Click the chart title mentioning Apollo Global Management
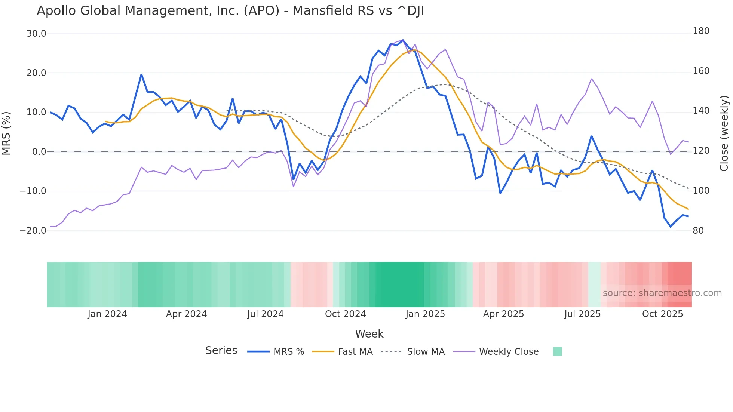[230, 11]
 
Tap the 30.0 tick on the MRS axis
[36, 34]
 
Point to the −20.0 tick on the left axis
[33, 231]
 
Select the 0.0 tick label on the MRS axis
[39, 152]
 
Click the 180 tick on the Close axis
[701, 31]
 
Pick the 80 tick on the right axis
[698, 231]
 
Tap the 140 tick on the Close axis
[701, 111]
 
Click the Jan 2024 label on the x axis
[107, 314]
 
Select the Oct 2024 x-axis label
[345, 314]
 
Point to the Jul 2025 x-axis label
[582, 314]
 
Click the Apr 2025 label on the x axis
[503, 314]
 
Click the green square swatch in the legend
[557, 351]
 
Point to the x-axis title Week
[369, 334]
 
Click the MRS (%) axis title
[6, 133]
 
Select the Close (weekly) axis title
[724, 133]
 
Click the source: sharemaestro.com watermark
[662, 293]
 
